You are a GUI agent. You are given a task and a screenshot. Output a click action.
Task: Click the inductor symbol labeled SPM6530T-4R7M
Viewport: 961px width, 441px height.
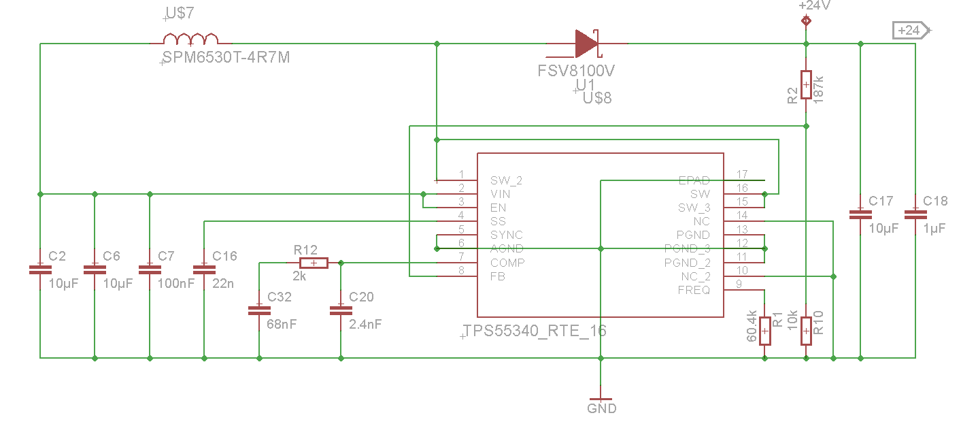[x=190, y=39]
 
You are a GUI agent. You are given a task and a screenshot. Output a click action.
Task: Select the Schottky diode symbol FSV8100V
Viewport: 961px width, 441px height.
[x=585, y=44]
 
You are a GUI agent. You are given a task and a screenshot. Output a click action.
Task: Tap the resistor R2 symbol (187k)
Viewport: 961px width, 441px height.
[x=806, y=85]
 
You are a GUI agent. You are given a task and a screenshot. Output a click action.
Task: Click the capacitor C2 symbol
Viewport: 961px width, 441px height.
[x=40, y=269]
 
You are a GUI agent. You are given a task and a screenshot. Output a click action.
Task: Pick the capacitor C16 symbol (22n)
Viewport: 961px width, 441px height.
[x=203, y=269]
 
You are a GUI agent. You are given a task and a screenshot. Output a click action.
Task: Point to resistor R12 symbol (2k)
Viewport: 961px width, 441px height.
[x=314, y=263]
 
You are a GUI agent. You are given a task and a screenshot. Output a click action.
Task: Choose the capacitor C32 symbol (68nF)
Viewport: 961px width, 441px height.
[x=258, y=310]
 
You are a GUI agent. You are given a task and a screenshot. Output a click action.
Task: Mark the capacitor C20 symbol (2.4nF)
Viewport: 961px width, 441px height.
[x=340, y=310]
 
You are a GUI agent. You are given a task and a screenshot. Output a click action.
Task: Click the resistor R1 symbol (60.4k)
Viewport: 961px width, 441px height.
[x=765, y=331]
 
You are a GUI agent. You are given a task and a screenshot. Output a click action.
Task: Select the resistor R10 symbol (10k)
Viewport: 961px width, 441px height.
[x=806, y=331]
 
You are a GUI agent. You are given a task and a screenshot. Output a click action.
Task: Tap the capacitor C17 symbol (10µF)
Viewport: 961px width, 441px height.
[x=860, y=214]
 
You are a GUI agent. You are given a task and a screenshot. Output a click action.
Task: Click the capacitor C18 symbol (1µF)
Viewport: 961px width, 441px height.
[x=915, y=214]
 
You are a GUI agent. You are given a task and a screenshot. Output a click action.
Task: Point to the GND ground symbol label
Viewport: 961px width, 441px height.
[x=601, y=408]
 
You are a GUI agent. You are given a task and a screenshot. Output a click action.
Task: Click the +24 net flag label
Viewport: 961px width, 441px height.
[x=909, y=30]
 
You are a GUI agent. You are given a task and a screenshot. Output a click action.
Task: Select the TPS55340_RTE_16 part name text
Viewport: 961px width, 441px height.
[x=535, y=331]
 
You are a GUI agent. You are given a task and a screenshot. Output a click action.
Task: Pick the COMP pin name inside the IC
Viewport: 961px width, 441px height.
[x=507, y=263]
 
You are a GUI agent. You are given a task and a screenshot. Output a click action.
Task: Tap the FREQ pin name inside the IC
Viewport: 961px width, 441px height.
[x=694, y=290]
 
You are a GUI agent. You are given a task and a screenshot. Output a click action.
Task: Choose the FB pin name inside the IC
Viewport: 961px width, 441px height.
[x=497, y=276]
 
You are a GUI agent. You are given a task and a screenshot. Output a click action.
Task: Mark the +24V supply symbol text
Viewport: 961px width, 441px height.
[x=815, y=5]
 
